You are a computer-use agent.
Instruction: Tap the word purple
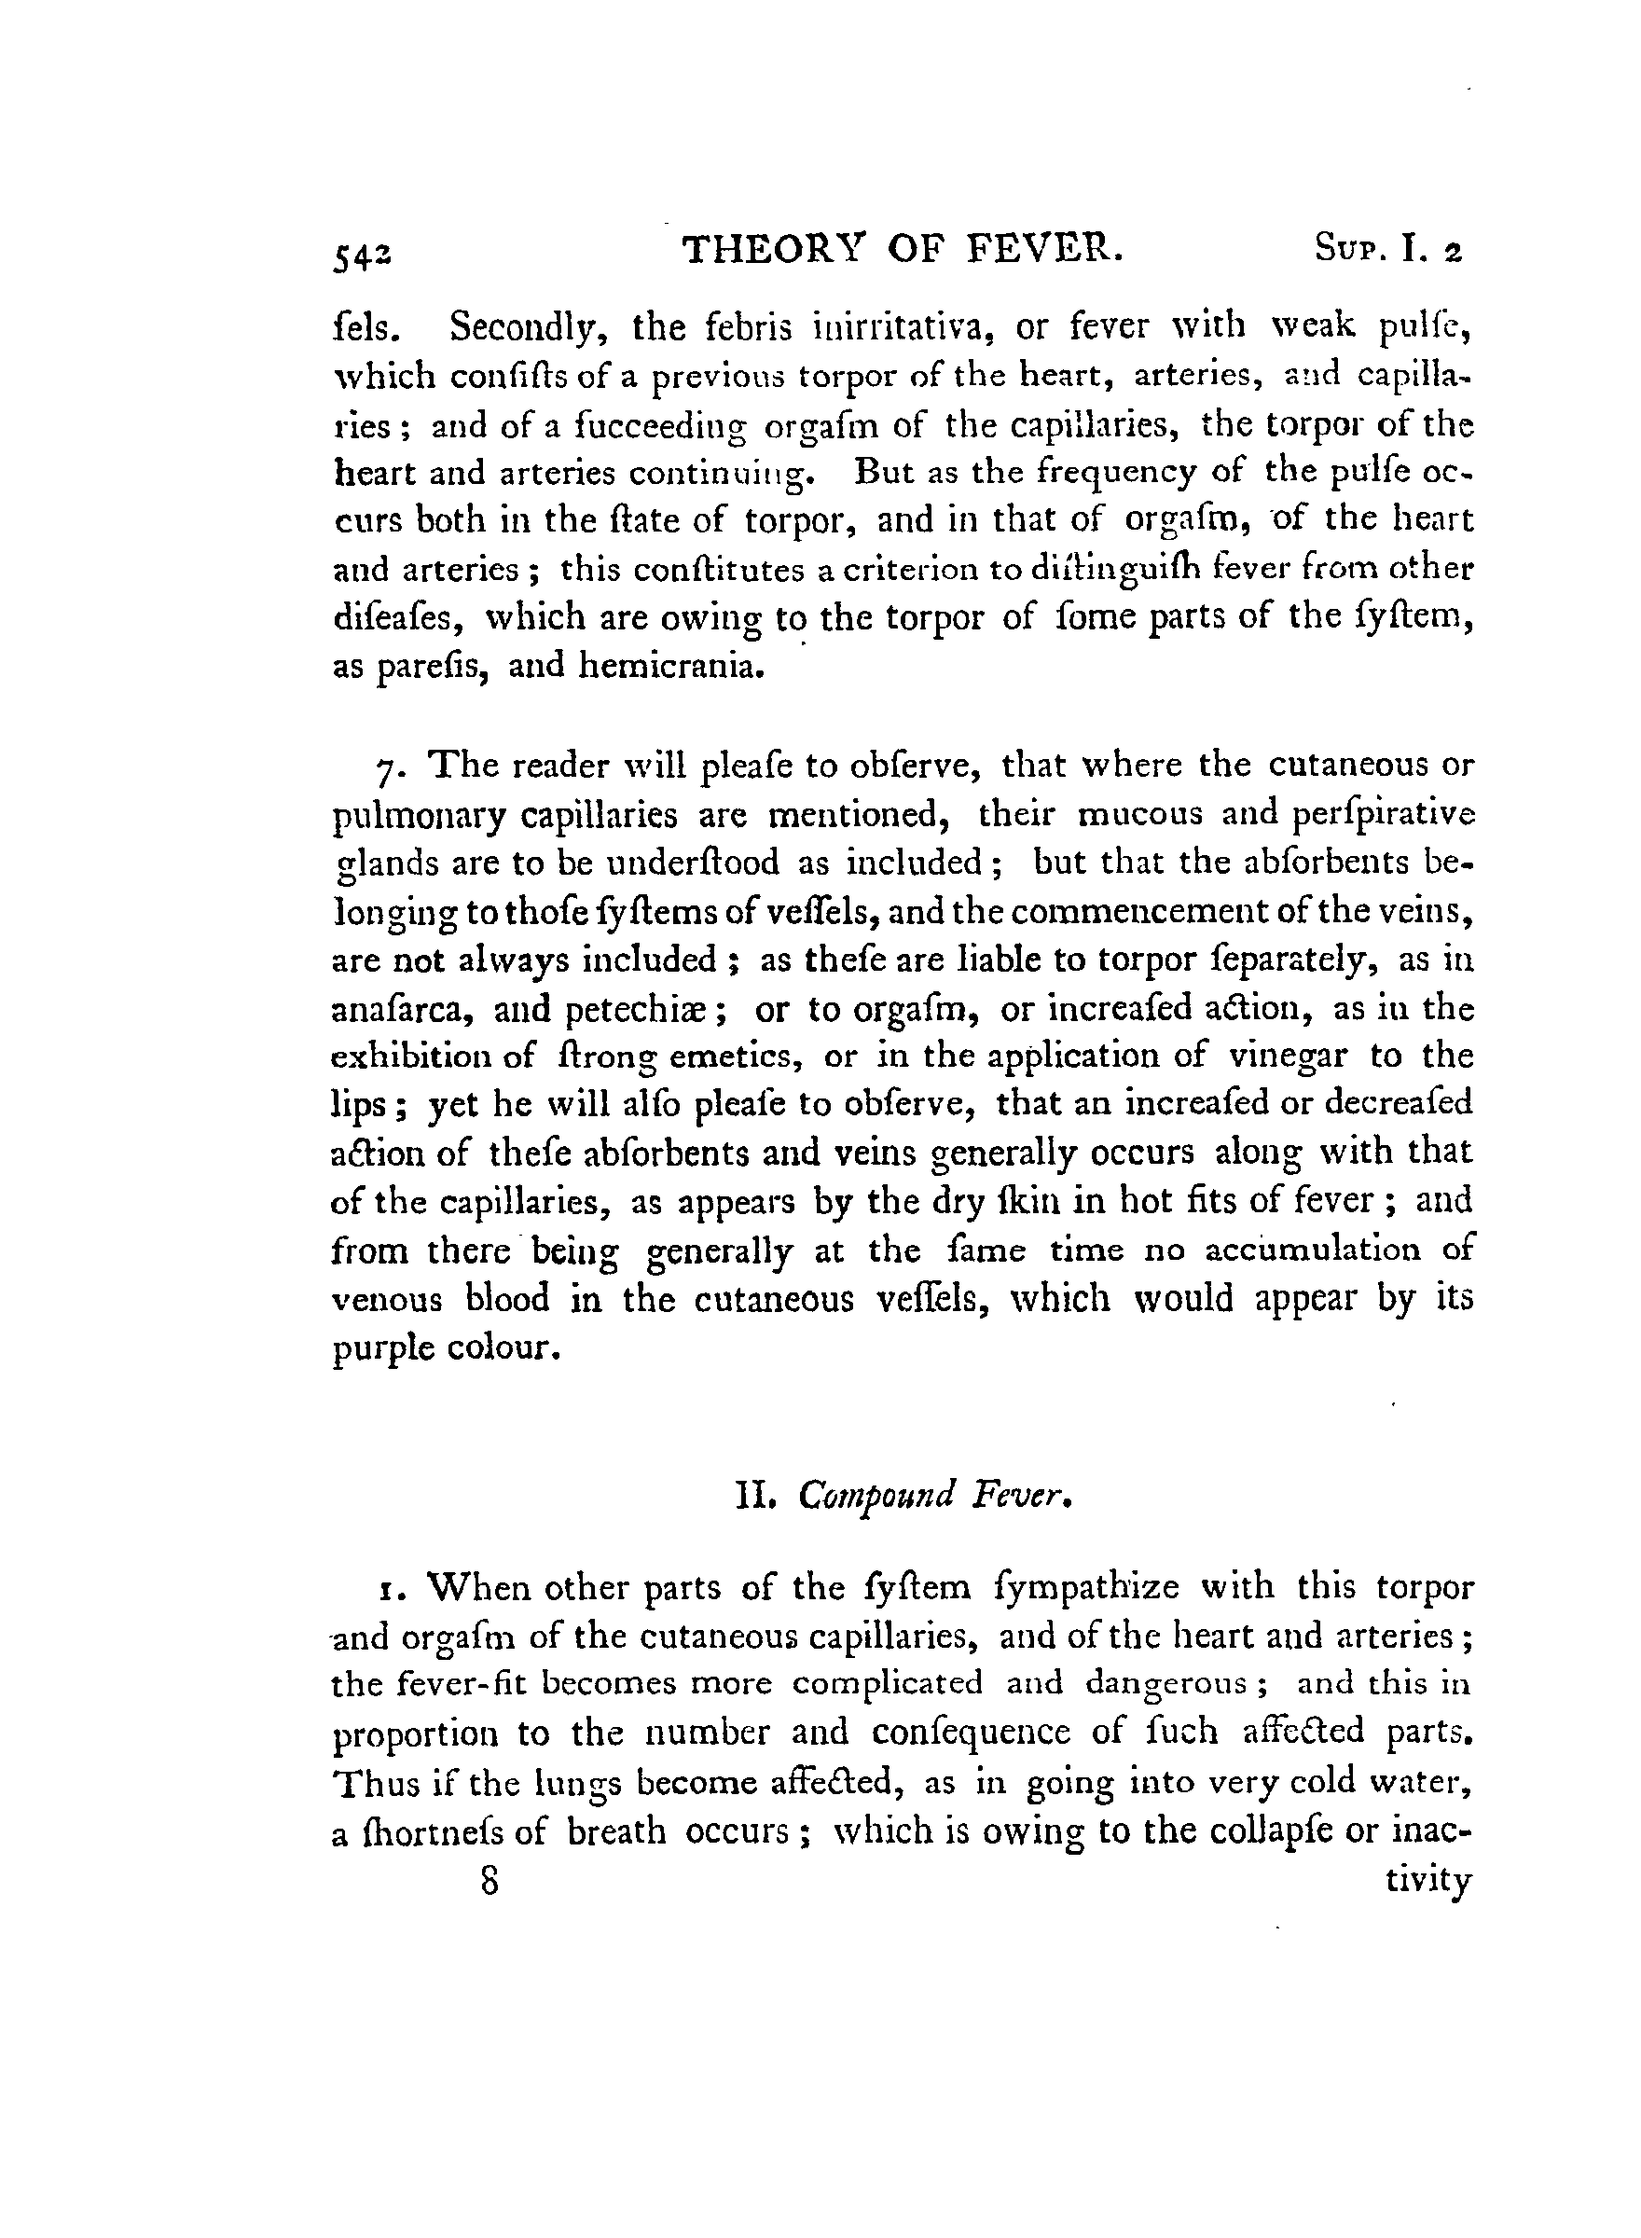pos(380,1349)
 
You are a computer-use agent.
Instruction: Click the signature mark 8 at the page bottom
pos(488,1883)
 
